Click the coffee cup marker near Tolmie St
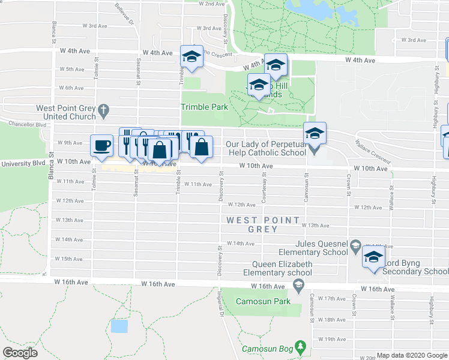[101, 145]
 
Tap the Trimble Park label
[205, 107]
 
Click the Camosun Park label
[262, 301]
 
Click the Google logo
[20, 353]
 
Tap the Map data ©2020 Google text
[412, 356]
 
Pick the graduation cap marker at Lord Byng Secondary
[373, 257]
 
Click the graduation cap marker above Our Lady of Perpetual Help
[315, 133]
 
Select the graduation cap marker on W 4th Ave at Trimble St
[191, 56]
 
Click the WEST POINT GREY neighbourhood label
[262, 224]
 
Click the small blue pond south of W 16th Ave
[119, 326]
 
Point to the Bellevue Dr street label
[124, 13]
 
